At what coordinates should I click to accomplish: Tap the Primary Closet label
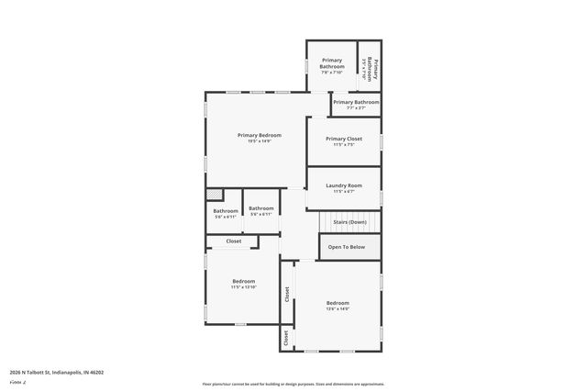343,139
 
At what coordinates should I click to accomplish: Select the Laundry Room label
343,185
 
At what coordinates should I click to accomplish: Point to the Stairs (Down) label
349,222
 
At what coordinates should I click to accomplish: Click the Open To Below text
347,247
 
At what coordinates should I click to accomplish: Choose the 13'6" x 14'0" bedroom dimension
338,309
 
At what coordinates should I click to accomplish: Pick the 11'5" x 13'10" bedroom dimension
243,287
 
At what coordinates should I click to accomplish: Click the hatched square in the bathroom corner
214,195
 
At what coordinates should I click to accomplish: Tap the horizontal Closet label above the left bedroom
234,241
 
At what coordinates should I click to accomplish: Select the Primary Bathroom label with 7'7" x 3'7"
356,102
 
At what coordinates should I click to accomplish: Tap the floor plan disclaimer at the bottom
293,383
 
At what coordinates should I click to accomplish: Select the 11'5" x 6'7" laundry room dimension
343,192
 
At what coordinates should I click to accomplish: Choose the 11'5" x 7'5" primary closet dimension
343,145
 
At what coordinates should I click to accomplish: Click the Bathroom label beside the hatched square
226,211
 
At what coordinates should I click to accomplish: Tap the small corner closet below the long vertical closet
286,339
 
